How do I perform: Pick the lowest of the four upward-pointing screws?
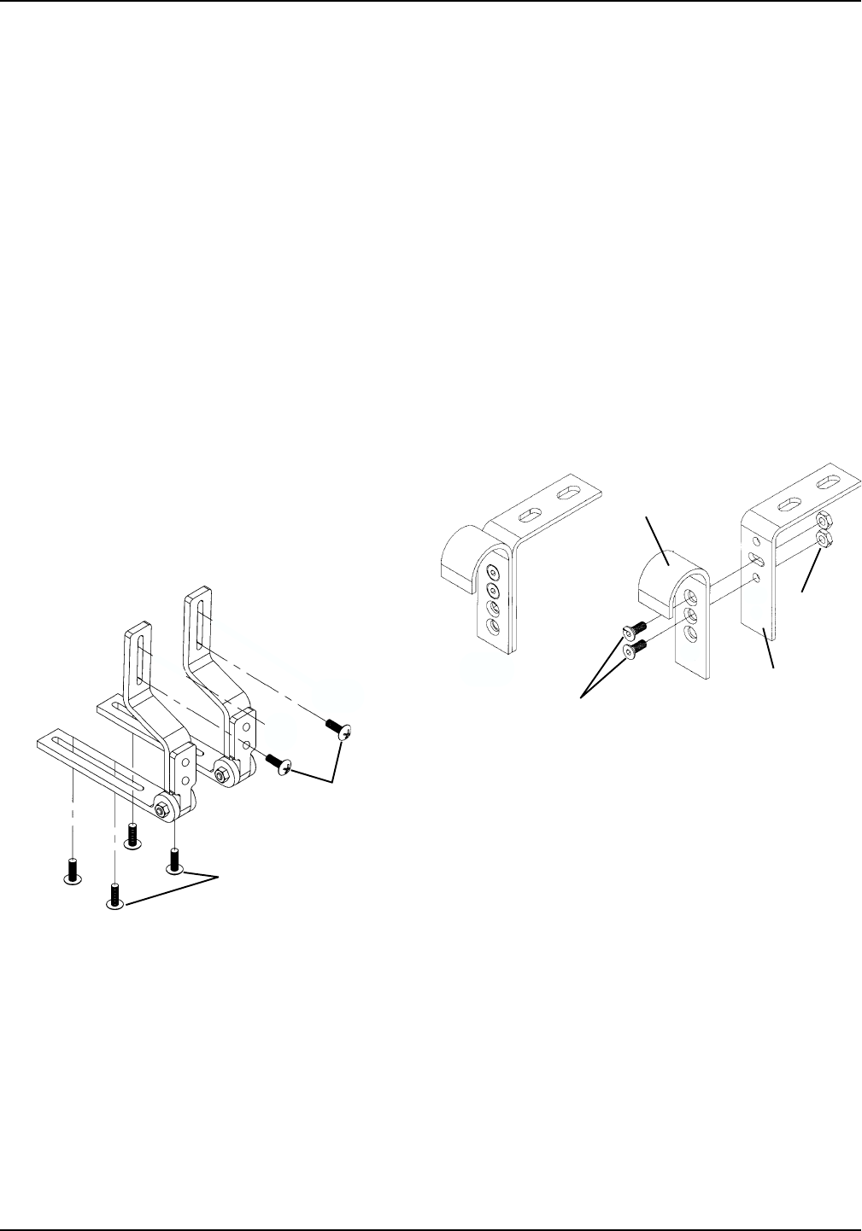[114, 898]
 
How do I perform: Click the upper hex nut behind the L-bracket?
[824, 520]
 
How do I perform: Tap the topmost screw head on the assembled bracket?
[492, 570]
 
